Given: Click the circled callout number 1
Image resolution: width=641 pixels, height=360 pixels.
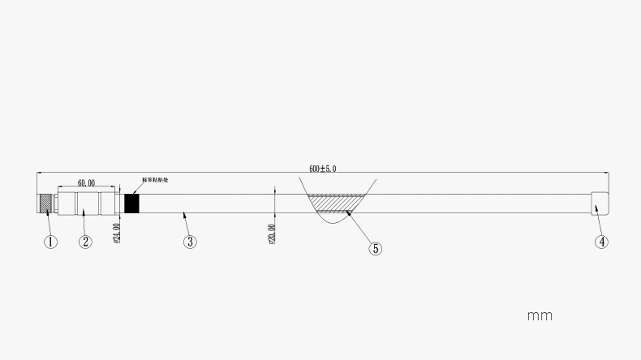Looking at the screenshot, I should [x=50, y=241].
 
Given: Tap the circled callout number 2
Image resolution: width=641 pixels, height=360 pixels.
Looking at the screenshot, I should [x=85, y=241].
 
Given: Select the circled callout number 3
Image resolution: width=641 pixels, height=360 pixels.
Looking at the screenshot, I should [x=190, y=241].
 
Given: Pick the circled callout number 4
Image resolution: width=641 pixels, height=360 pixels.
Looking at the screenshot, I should [x=601, y=241].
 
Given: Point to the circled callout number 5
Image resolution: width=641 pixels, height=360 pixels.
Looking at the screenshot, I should [x=375, y=248].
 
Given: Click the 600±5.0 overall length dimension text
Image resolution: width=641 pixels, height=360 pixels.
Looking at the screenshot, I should [x=322, y=169].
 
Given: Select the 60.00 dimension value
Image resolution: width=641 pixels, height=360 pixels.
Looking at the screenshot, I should [x=85, y=183].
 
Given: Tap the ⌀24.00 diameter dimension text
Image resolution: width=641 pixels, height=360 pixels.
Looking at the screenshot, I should [x=116, y=233].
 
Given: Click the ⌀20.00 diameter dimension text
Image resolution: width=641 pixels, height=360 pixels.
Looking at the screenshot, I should [x=272, y=234].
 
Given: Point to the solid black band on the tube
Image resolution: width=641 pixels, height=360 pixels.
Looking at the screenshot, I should [x=131, y=203].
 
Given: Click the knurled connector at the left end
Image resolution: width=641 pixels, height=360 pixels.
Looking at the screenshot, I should [x=46, y=203].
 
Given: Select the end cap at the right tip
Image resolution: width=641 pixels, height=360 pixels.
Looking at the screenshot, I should [x=600, y=203].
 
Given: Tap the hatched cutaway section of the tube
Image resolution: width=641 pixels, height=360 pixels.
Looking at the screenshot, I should [x=334, y=203].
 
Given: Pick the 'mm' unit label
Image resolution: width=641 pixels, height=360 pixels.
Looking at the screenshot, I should [x=540, y=315].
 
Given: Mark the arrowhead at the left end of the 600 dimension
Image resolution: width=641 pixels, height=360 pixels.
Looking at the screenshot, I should [x=41, y=173].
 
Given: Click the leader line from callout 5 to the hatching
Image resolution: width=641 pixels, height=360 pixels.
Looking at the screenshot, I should [x=360, y=228].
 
